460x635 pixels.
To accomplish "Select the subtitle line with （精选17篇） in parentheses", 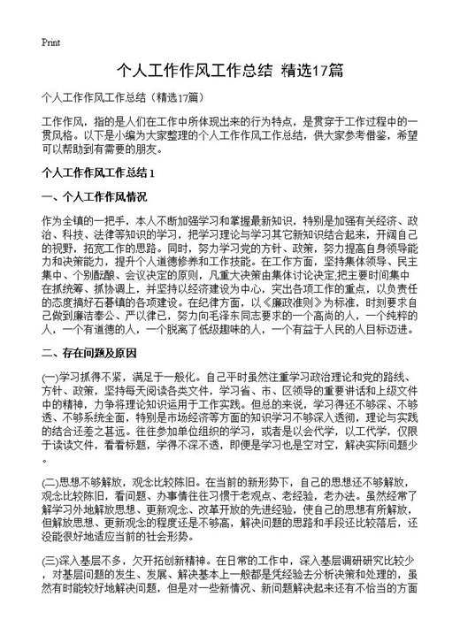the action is point(124,97).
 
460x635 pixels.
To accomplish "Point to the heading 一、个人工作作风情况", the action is point(96,196).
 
